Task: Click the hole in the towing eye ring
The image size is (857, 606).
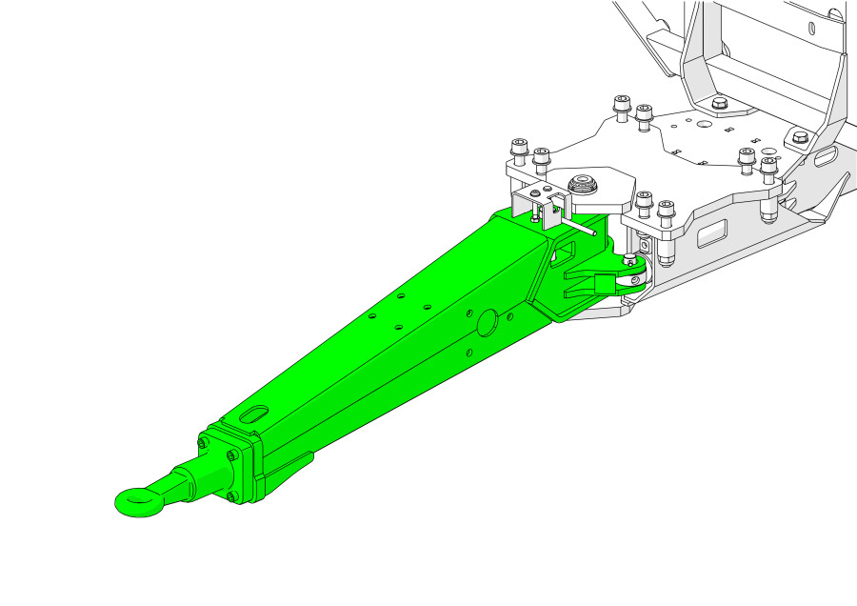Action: point(136,497)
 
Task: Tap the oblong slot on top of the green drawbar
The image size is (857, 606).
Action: point(255,415)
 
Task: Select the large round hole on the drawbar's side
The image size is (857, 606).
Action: point(486,322)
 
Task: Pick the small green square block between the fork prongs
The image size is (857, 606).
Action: point(603,283)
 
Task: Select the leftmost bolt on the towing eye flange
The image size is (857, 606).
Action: point(202,443)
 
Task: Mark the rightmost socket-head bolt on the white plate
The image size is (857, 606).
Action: point(768,166)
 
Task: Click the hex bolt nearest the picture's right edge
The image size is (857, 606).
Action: point(799,137)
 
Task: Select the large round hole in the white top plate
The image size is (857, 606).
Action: point(703,124)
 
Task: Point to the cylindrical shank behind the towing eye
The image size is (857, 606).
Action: point(181,480)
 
